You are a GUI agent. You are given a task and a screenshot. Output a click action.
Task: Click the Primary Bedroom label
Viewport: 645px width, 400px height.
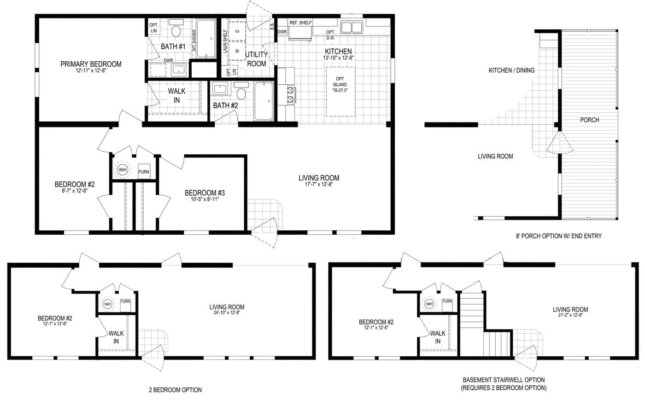click(x=91, y=64)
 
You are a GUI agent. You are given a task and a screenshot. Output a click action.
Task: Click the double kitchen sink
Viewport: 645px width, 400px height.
click(x=352, y=27)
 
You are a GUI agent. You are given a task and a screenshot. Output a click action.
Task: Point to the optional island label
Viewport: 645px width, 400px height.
click(x=340, y=85)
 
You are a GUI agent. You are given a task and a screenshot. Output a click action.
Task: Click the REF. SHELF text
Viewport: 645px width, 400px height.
click(x=300, y=23)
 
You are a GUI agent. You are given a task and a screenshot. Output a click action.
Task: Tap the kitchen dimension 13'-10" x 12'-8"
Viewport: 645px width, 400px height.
click(x=338, y=58)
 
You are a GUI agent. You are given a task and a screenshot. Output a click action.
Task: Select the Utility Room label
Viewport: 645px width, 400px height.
click(x=256, y=59)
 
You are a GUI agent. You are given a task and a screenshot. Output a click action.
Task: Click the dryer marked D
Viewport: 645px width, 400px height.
click(x=237, y=31)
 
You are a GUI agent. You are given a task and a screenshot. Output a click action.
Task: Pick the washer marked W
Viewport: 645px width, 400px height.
click(x=237, y=51)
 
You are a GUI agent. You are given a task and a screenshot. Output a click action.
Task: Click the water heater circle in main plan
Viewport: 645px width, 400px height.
click(x=122, y=170)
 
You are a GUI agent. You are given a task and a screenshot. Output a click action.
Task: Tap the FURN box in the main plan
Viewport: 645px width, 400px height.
click(x=144, y=172)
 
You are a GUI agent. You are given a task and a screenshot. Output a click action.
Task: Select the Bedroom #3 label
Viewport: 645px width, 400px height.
click(x=205, y=193)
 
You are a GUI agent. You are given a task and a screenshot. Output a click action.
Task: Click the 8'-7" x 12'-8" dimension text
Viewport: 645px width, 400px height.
click(x=75, y=191)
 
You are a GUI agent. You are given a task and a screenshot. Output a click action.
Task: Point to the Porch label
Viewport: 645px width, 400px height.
click(x=589, y=120)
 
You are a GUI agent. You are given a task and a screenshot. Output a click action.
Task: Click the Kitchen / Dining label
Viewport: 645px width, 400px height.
click(x=512, y=70)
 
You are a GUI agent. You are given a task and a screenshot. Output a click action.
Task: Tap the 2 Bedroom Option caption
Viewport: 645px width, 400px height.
click(x=176, y=390)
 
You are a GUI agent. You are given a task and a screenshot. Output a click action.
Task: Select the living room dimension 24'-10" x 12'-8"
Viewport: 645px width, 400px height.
click(x=227, y=313)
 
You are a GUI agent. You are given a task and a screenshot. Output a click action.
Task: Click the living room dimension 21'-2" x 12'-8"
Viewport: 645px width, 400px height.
click(x=570, y=315)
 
